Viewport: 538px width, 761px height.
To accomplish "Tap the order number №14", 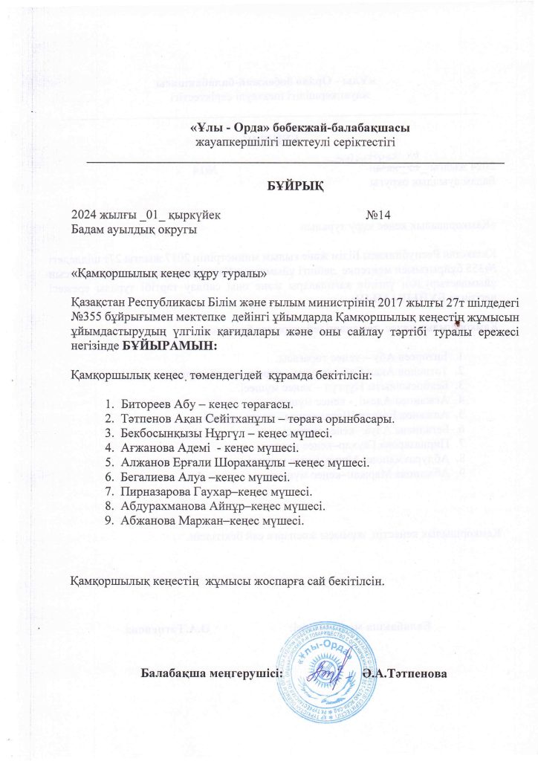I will (378, 216).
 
